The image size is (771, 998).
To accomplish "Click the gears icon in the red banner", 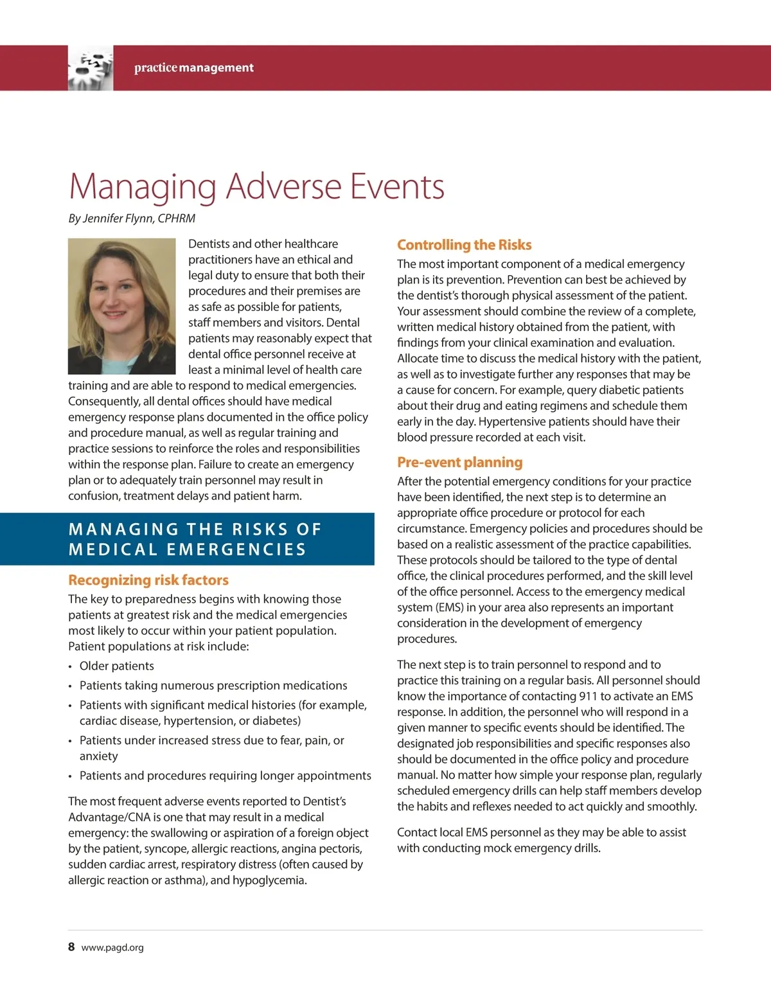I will click(x=91, y=67).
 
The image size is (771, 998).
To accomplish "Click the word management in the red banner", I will click(x=217, y=67).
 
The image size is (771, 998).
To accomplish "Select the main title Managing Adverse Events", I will click(x=256, y=186).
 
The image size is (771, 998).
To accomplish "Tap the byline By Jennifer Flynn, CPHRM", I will click(x=132, y=218).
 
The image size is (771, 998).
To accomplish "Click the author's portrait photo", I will click(x=121, y=306).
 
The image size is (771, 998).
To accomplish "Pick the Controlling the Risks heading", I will click(x=464, y=245).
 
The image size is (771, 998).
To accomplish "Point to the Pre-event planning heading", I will click(x=459, y=462).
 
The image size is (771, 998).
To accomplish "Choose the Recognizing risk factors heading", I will click(x=148, y=580).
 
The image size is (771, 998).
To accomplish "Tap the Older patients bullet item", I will click(x=116, y=666).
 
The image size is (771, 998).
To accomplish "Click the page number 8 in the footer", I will click(x=71, y=947).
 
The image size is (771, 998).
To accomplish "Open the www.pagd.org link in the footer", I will click(x=112, y=947).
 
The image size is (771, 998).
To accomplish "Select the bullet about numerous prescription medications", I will click(x=213, y=685).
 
